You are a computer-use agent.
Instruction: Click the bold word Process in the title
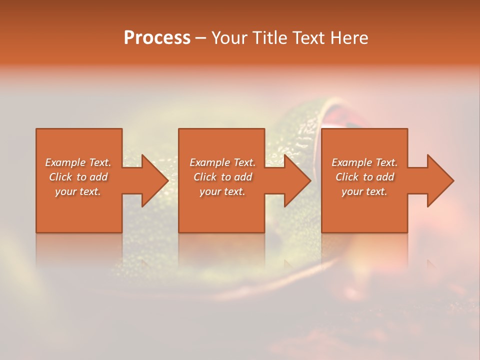coord(157,38)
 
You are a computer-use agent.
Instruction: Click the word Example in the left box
coord(65,162)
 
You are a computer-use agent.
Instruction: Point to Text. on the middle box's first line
coord(244,162)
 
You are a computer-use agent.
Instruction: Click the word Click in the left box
coord(60,177)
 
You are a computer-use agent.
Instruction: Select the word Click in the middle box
coord(205,177)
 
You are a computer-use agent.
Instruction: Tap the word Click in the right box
coord(347,177)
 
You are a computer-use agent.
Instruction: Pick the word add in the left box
coord(98,177)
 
